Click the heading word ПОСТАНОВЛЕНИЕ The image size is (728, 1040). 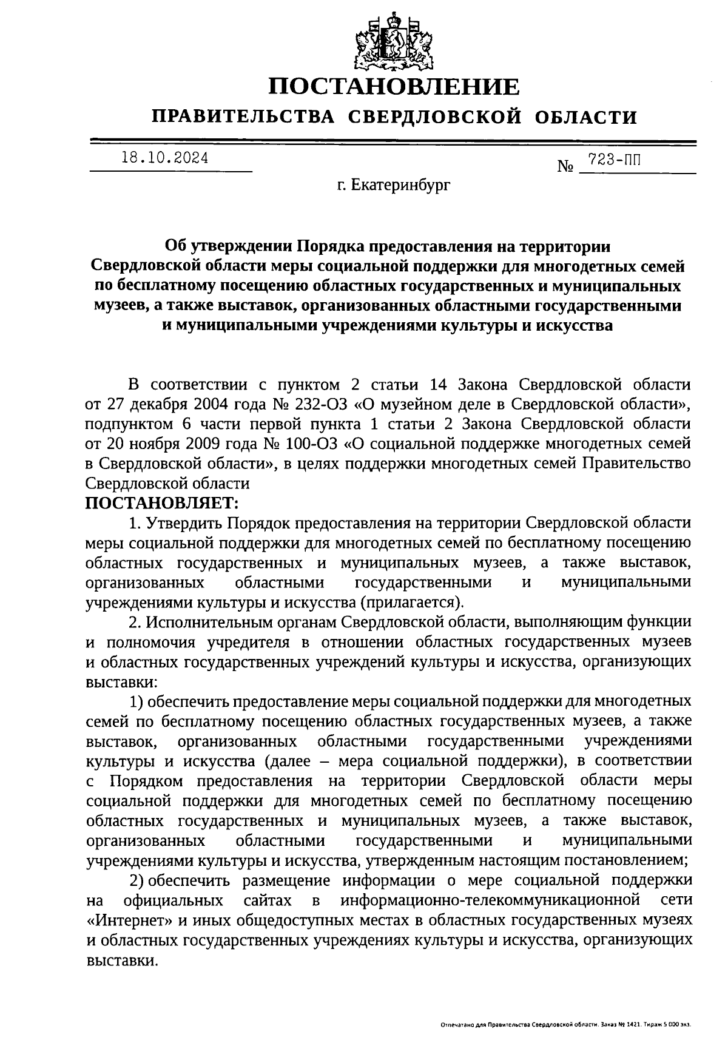click(x=394, y=87)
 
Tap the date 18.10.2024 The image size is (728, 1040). click(x=164, y=158)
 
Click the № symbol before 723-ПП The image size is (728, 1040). click(x=565, y=166)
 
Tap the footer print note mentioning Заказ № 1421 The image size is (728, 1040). click(x=565, y=1025)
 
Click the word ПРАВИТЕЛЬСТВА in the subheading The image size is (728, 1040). click(x=243, y=116)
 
